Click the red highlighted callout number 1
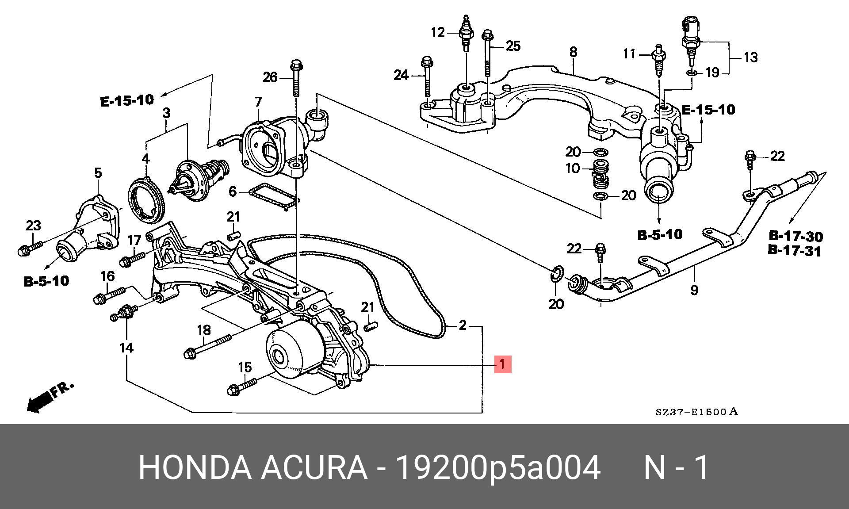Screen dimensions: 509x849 [502, 364]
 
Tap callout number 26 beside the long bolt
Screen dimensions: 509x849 [270, 77]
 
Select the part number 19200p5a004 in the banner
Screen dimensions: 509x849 [497, 467]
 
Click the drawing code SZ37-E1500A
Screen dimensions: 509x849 [696, 412]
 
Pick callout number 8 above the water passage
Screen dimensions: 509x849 [573, 52]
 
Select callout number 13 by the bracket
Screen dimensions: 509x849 [750, 57]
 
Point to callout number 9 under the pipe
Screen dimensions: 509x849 [694, 290]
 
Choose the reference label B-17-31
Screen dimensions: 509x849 [795, 251]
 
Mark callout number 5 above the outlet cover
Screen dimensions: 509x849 [98, 173]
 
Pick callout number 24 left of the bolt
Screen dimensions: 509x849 [401, 76]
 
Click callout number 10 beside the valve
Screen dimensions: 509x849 [573, 168]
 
